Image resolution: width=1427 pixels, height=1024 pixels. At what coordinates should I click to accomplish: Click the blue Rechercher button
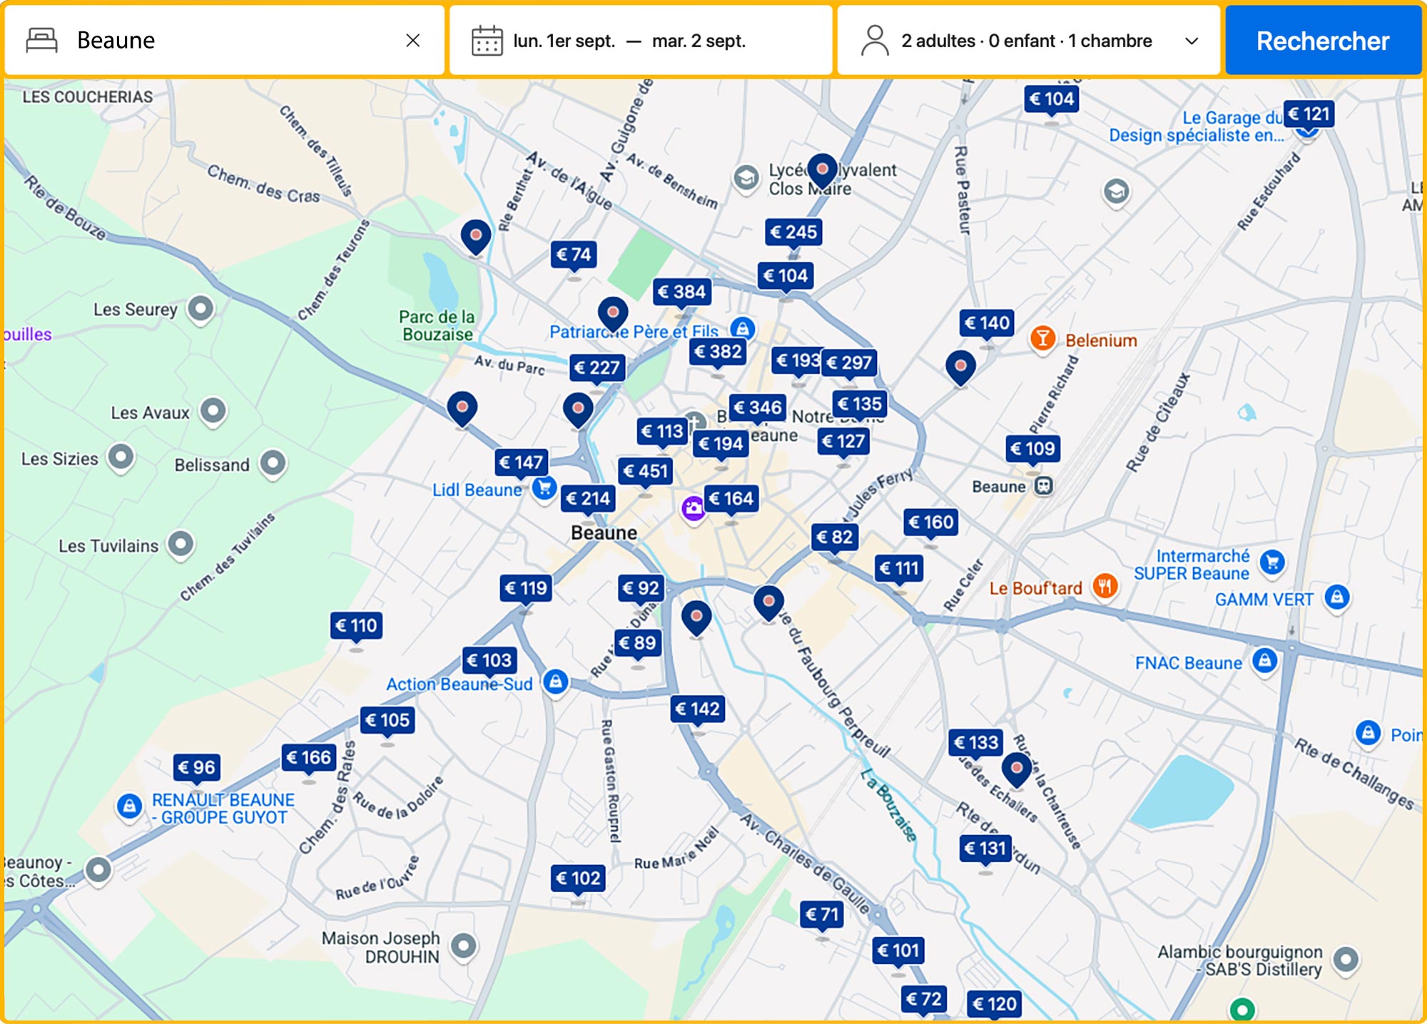click(1322, 41)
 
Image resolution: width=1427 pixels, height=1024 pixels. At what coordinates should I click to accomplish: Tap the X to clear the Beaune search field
click(412, 41)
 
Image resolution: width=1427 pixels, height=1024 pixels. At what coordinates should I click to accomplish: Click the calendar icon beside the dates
click(487, 41)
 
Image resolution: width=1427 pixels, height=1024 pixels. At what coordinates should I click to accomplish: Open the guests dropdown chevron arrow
click(1191, 41)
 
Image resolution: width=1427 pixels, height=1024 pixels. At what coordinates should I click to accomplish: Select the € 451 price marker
click(645, 471)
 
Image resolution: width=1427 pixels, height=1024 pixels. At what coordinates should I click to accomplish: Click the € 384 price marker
click(682, 292)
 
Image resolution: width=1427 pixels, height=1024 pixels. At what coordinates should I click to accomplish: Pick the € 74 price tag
click(574, 255)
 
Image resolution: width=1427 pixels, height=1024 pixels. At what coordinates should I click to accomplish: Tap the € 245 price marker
click(793, 232)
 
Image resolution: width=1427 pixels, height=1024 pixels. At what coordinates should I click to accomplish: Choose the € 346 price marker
click(758, 408)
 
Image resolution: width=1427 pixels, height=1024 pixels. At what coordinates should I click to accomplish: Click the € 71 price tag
click(822, 914)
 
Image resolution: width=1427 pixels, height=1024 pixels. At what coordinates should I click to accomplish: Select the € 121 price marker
click(1309, 114)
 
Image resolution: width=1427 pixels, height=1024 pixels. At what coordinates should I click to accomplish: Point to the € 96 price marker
click(196, 767)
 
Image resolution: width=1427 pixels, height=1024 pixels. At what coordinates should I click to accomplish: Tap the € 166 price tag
click(308, 757)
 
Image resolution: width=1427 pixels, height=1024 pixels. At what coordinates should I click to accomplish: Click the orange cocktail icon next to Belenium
click(1042, 338)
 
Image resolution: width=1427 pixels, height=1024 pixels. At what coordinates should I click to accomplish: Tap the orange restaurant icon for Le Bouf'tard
click(1104, 587)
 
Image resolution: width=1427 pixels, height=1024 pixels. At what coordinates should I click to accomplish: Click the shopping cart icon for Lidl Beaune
click(544, 488)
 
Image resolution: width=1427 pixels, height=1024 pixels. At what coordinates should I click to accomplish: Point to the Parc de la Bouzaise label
click(437, 326)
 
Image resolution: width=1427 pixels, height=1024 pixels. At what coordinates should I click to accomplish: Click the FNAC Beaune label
click(1188, 663)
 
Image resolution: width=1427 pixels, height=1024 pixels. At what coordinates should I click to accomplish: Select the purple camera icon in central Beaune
click(693, 508)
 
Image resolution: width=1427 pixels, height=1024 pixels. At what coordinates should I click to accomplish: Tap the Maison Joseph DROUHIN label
click(381, 947)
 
